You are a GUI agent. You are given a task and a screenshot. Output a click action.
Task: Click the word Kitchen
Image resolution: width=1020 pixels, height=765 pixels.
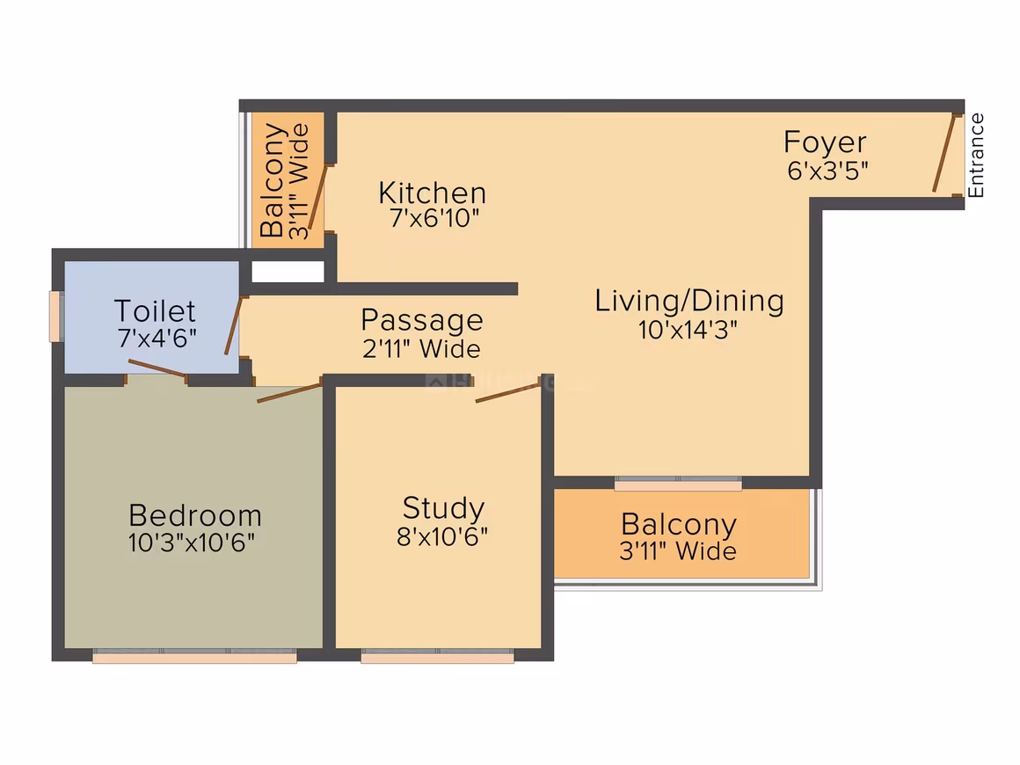click(x=432, y=193)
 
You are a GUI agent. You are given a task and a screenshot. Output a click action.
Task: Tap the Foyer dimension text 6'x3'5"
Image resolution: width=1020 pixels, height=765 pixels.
click(x=827, y=171)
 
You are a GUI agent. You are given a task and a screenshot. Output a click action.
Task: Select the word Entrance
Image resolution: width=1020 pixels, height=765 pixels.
click(x=976, y=156)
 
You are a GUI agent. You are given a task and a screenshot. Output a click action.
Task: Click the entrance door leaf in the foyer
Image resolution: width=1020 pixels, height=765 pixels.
click(x=943, y=154)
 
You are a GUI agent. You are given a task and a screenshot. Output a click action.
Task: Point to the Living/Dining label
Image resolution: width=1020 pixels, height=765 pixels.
click(x=689, y=301)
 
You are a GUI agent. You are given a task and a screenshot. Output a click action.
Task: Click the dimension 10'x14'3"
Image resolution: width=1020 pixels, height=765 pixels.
click(x=688, y=330)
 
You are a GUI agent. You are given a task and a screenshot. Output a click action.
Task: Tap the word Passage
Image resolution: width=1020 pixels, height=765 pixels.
click(x=422, y=320)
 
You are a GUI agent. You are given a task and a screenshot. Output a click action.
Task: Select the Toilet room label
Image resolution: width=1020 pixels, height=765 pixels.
click(x=155, y=311)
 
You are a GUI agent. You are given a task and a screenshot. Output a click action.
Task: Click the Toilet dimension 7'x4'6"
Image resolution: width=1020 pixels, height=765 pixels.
click(x=157, y=339)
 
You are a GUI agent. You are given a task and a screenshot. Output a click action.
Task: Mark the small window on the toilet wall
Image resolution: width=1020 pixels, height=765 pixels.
click(x=56, y=317)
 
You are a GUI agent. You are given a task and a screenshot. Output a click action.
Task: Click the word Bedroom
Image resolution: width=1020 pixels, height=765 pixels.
click(x=195, y=515)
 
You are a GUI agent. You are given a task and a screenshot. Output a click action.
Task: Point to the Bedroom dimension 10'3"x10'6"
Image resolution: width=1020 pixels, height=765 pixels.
click(x=192, y=542)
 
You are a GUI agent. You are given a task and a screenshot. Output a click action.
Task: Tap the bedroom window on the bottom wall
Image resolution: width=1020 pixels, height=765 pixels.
click(x=194, y=656)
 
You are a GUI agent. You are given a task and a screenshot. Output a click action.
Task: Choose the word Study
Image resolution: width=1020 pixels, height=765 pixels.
click(x=444, y=508)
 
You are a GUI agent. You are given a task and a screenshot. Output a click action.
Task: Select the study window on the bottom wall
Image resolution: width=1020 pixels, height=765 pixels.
click(x=437, y=656)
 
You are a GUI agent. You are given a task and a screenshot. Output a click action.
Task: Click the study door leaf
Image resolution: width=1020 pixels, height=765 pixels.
click(x=507, y=393)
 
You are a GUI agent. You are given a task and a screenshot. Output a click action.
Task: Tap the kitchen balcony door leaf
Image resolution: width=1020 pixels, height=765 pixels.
click(x=318, y=197)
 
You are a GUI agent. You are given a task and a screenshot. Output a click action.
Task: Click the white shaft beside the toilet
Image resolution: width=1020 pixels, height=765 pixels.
click(x=288, y=271)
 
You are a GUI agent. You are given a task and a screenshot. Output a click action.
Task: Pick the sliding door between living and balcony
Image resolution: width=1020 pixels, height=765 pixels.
click(x=678, y=484)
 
